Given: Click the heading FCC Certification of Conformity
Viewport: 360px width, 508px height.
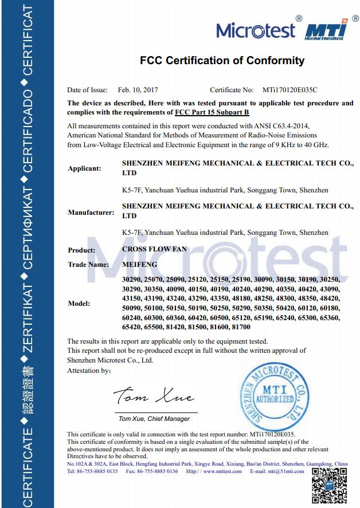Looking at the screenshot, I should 222,61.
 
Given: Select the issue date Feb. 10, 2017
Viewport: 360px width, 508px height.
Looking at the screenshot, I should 138,90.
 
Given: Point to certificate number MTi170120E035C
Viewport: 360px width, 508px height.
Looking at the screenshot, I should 290,90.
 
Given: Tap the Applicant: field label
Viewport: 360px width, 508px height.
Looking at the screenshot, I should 84,168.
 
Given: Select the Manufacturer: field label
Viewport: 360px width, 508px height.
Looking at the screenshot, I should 91,212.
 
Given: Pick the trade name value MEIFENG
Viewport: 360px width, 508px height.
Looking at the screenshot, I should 140,265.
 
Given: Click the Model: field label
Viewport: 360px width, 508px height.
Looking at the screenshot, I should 80,304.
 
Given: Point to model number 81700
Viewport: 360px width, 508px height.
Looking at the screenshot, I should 240,327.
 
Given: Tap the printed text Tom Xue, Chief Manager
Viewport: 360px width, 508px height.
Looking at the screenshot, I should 154,419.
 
